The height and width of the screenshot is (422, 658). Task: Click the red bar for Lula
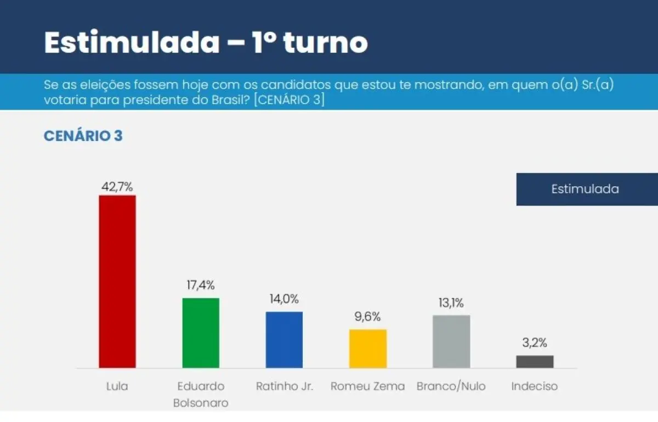(x=117, y=281)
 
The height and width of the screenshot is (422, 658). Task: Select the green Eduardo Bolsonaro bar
(x=201, y=333)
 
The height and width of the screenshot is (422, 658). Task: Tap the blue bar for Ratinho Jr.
(x=284, y=340)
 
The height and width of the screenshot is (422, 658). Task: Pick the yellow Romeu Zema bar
(x=368, y=349)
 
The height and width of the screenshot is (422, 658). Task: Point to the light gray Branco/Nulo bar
(x=451, y=341)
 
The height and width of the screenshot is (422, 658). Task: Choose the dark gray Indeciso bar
(x=535, y=362)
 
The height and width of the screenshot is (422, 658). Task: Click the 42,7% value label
(x=117, y=186)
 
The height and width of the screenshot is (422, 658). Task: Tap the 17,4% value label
(x=201, y=285)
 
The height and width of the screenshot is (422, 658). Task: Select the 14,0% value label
(x=284, y=299)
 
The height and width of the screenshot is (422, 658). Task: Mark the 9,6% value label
(x=368, y=317)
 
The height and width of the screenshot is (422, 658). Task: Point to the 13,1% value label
(x=451, y=303)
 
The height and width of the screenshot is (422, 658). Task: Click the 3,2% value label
(x=535, y=344)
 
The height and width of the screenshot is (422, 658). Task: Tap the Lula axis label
(x=117, y=386)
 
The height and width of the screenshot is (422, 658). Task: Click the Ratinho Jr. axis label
(x=285, y=386)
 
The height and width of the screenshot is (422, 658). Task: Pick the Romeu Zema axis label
(x=368, y=386)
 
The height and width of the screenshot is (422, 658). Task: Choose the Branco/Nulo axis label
(x=451, y=386)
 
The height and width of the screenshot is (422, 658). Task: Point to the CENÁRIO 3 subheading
(x=83, y=136)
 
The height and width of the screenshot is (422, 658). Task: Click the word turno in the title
(x=325, y=42)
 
